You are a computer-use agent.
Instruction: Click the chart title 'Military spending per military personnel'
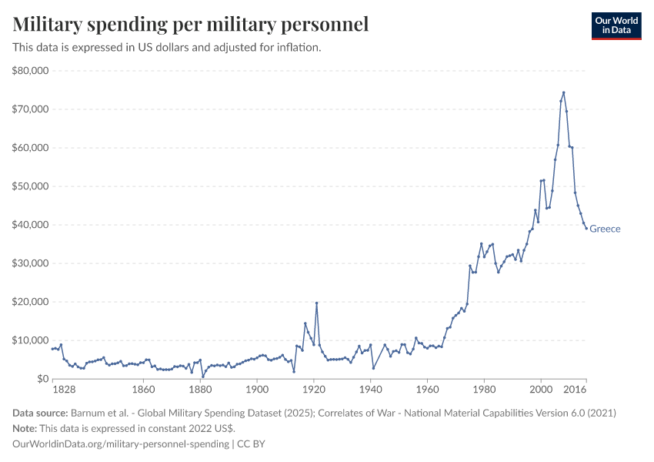pyautogui.click(x=190, y=25)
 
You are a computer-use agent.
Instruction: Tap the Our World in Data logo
pyautogui.click(x=616, y=25)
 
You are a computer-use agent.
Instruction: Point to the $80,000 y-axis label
pyautogui.click(x=31, y=71)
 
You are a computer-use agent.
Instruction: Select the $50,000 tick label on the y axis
pyautogui.click(x=31, y=186)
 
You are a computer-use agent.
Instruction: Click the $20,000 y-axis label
pyautogui.click(x=31, y=302)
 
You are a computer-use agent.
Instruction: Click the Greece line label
pyautogui.click(x=605, y=229)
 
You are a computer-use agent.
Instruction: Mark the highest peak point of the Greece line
pyautogui.click(x=563, y=92)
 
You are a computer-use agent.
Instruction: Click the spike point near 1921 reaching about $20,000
pyautogui.click(x=316, y=303)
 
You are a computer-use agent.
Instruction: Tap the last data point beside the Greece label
pyautogui.click(x=586, y=228)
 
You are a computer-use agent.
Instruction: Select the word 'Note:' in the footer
pyautogui.click(x=27, y=428)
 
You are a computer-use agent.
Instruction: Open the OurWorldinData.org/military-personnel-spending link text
pyautogui.click(x=120, y=444)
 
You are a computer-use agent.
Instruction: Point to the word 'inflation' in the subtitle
pyautogui.click(x=297, y=47)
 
